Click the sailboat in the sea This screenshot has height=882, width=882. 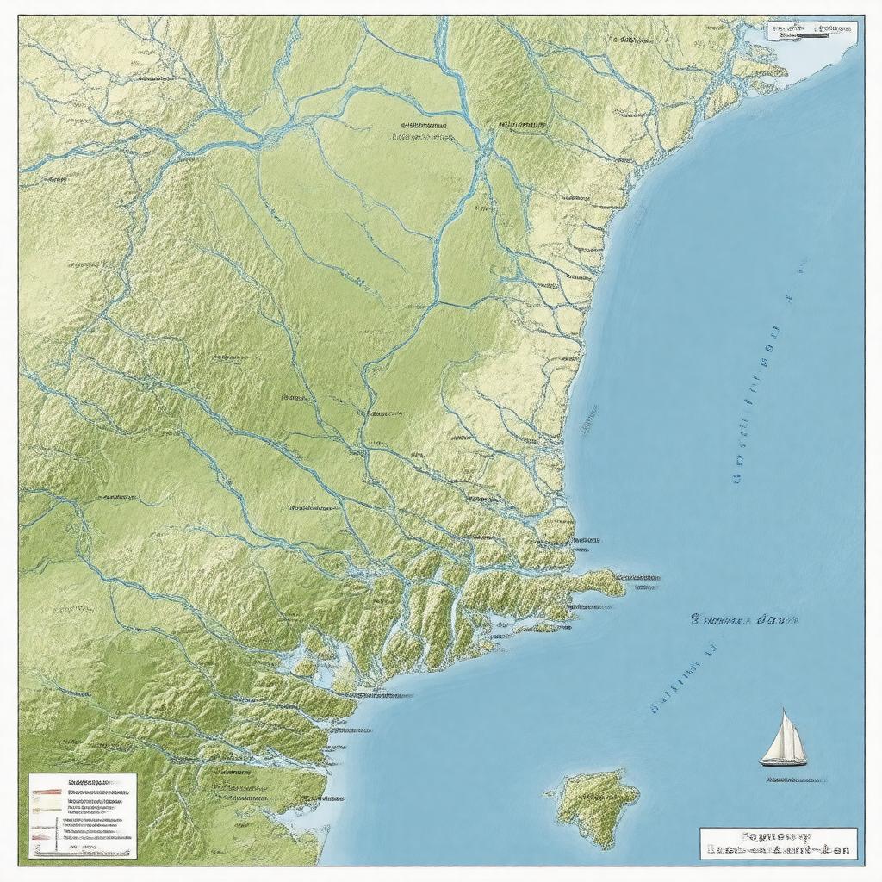[x=784, y=739]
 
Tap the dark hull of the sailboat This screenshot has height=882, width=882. [x=783, y=761]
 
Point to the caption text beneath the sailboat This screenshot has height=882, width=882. [x=795, y=780]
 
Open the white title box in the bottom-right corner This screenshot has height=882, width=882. [x=778, y=843]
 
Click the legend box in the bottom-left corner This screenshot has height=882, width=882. [x=83, y=816]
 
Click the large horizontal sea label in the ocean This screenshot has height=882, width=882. [x=743, y=618]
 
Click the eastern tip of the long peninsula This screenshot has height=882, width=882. [x=622, y=586]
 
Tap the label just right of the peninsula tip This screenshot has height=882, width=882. [x=640, y=578]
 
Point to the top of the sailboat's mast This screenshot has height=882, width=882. [x=785, y=710]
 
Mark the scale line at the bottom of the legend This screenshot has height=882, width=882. [x=82, y=848]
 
